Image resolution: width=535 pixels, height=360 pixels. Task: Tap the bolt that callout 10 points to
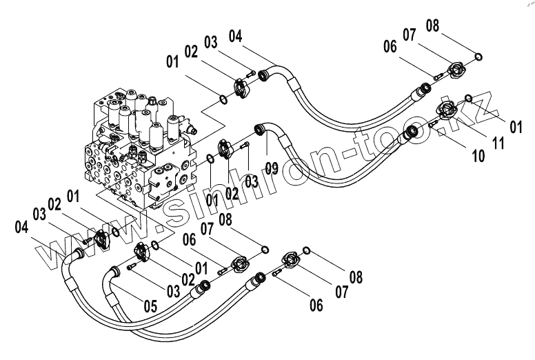coord(432,124)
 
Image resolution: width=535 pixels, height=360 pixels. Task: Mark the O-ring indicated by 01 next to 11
coord(468,97)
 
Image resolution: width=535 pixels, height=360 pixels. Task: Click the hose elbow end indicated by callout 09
coord(262,128)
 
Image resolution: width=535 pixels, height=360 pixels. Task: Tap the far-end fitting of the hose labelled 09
coord(412,132)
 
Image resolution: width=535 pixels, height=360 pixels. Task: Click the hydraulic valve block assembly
coord(139,149)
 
